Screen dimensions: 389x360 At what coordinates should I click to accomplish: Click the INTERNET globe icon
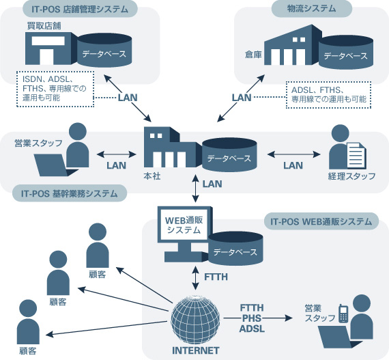click(x=195, y=320)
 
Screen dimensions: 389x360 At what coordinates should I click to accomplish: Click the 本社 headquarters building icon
click(x=173, y=147)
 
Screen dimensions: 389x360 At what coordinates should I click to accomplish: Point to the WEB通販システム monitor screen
click(x=184, y=225)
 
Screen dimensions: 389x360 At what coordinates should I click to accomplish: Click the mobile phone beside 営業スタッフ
click(x=343, y=314)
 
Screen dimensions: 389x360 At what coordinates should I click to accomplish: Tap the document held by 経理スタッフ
click(x=356, y=155)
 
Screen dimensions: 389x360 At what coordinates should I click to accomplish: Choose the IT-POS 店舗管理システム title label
click(x=80, y=9)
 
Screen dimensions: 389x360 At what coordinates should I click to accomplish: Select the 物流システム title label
click(x=312, y=9)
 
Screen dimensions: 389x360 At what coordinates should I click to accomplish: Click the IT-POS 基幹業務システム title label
click(x=70, y=193)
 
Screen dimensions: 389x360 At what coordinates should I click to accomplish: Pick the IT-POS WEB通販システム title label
click(x=321, y=221)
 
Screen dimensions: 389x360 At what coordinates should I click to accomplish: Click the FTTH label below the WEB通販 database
click(x=216, y=277)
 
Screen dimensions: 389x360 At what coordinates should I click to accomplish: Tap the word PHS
click(x=252, y=318)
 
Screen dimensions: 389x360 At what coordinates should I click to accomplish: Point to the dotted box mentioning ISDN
click(x=55, y=89)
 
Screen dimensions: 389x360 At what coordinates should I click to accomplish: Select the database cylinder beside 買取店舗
click(x=104, y=50)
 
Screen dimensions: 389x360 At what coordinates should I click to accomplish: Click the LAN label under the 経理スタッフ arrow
click(x=293, y=165)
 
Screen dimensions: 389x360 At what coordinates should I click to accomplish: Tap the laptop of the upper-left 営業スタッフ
click(x=56, y=165)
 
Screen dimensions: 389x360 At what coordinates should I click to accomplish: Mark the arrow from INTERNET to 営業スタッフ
click(x=258, y=318)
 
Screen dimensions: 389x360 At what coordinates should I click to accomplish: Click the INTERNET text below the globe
click(x=196, y=350)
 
